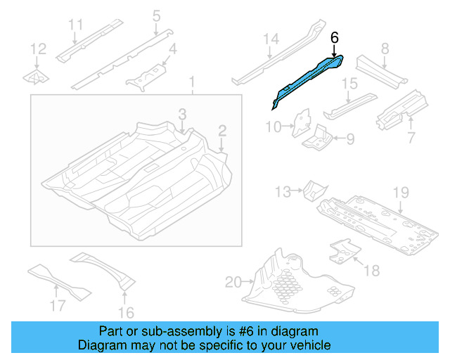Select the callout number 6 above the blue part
[x=334, y=37]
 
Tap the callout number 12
[x=38, y=49]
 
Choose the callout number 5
[x=156, y=15]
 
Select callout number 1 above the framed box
[x=191, y=84]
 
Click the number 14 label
[x=271, y=39]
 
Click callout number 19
[x=400, y=192]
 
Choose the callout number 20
[x=233, y=283]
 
